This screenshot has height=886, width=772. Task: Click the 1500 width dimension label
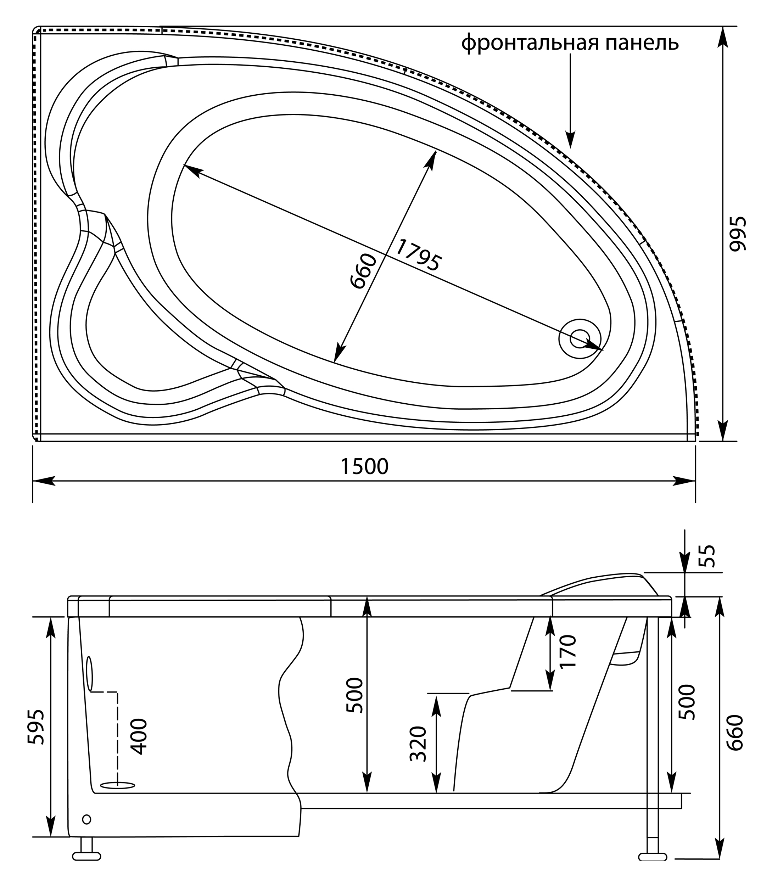(364, 466)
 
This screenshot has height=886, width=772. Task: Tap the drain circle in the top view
(580, 338)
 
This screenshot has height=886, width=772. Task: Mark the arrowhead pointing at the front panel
(570, 140)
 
